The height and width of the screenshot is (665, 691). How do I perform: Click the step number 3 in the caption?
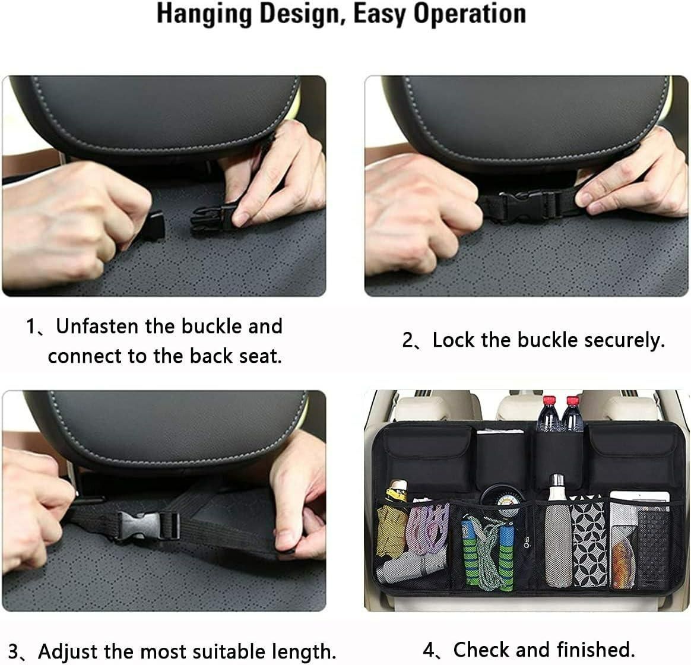(x=15, y=651)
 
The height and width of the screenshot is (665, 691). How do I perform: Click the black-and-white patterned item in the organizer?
(x=589, y=543)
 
